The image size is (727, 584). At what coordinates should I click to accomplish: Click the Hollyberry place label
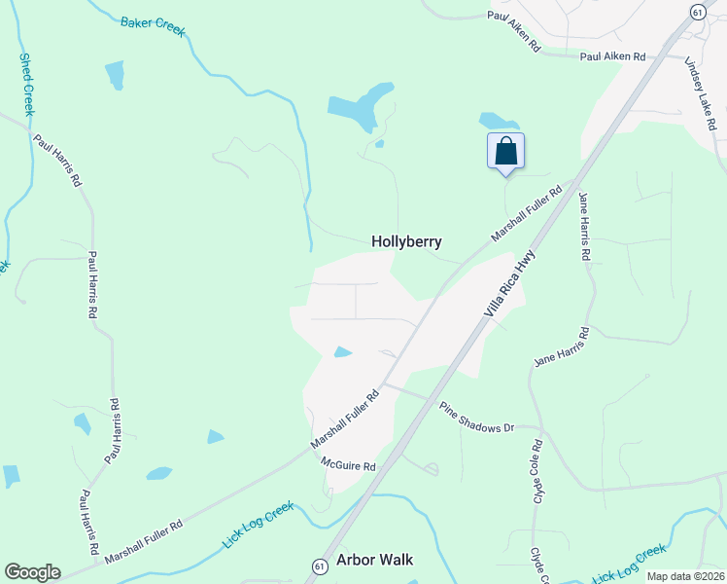click(x=406, y=241)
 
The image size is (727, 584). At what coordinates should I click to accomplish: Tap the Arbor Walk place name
click(x=374, y=560)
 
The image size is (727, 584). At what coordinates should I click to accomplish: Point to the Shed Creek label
click(x=27, y=85)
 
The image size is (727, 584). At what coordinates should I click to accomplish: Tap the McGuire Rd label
click(x=349, y=466)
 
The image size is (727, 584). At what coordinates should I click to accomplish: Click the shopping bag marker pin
click(x=505, y=152)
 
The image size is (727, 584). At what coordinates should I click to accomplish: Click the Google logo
click(x=32, y=572)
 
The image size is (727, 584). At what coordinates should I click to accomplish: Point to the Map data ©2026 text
click(x=685, y=576)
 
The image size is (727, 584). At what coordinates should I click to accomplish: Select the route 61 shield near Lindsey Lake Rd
click(x=698, y=11)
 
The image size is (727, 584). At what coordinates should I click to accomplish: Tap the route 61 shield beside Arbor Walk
click(x=319, y=566)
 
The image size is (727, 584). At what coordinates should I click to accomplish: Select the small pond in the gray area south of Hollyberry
click(x=342, y=351)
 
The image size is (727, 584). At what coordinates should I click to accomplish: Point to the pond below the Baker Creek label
click(x=115, y=74)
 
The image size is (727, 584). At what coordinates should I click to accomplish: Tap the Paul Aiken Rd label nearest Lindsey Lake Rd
click(x=612, y=57)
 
